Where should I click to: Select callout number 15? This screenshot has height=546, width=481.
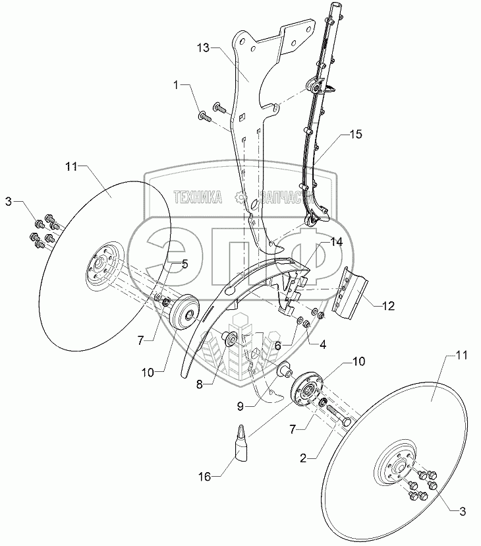pos(355,134)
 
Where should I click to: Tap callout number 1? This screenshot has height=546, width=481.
pos(177,85)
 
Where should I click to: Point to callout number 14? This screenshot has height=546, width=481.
pos(336,241)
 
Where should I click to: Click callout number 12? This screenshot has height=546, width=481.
pos(387,306)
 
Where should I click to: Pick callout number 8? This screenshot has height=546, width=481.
pos(199,384)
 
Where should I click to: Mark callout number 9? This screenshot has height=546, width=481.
pos(240,406)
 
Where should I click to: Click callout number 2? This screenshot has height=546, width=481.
pos(303,458)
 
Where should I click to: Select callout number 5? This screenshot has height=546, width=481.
pos(184,264)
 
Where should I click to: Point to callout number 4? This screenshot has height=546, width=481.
pos(323,345)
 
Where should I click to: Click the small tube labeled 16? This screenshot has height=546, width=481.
pos(242,442)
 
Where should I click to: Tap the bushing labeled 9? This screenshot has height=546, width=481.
pos(285,369)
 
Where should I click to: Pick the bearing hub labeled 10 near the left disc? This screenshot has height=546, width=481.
pos(184,312)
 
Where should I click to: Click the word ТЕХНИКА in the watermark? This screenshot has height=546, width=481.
pos(198,197)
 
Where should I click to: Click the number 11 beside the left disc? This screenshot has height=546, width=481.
pos(71,167)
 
